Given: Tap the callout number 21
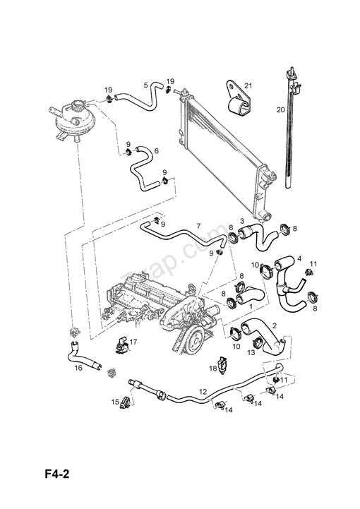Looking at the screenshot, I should click(248, 86).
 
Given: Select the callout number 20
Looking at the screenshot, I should click(280, 109).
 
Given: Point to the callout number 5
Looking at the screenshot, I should click(146, 85).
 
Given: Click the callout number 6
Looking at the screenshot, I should click(155, 150).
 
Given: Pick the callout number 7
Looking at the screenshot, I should click(198, 226).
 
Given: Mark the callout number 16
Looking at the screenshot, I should click(78, 368).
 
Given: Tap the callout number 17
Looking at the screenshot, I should click(133, 342).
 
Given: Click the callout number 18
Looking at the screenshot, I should click(212, 369).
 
